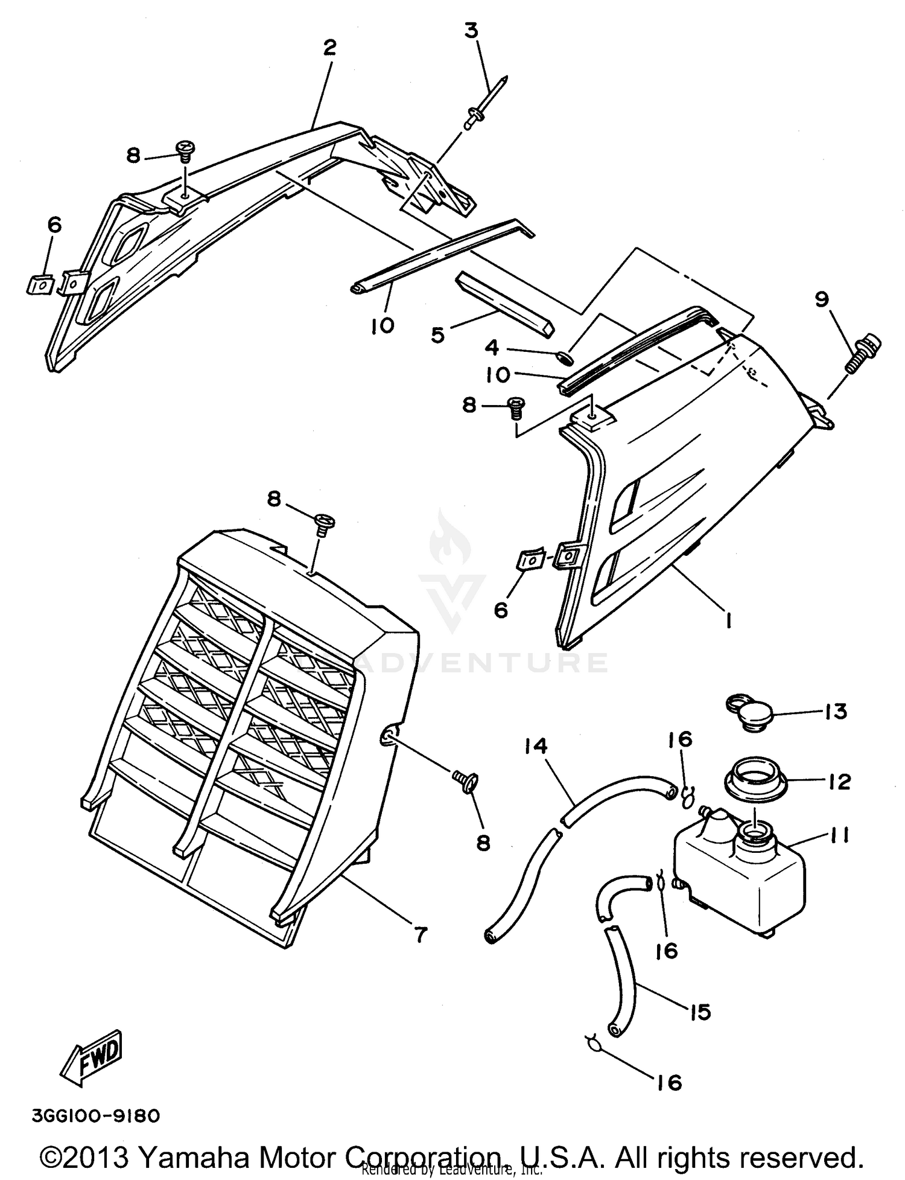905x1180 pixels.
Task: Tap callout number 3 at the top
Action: click(471, 31)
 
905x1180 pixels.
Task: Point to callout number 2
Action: click(329, 47)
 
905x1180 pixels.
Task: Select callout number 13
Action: click(836, 711)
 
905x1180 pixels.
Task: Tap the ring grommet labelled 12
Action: click(754, 780)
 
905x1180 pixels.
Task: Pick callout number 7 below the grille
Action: click(420, 934)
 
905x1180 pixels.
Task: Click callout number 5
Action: click(437, 335)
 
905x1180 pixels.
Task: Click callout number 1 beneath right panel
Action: click(728, 619)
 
